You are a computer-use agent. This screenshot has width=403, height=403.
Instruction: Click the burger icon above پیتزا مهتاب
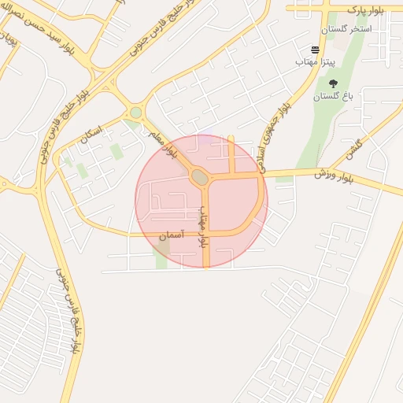point(316,49)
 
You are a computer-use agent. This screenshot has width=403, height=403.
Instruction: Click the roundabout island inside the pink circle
point(200,179)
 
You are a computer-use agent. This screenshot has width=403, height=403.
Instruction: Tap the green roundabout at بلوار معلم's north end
point(135,113)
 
